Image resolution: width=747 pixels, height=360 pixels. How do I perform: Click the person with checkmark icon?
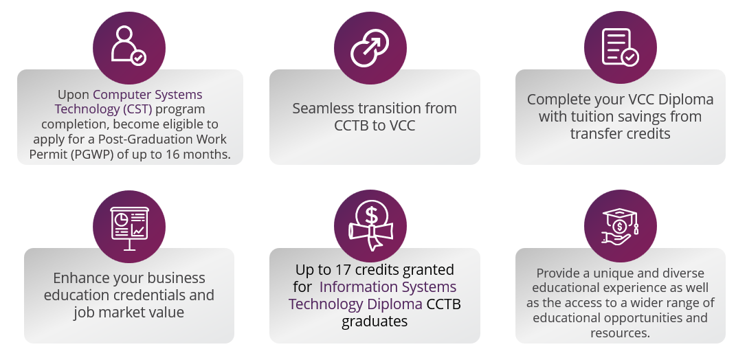tap(129, 46)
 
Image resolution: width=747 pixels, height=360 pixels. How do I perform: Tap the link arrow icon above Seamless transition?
tap(370, 47)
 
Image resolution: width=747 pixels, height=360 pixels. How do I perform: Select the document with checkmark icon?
tap(620, 47)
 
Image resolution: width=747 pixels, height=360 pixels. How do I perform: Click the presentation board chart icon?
tap(129, 228)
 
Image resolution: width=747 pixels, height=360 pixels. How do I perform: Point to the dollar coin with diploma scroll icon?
tap(371, 226)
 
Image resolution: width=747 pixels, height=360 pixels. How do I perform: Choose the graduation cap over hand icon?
tap(621, 226)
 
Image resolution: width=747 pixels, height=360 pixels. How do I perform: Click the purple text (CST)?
tap(137, 109)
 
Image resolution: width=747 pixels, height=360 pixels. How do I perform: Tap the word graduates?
tap(375, 322)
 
